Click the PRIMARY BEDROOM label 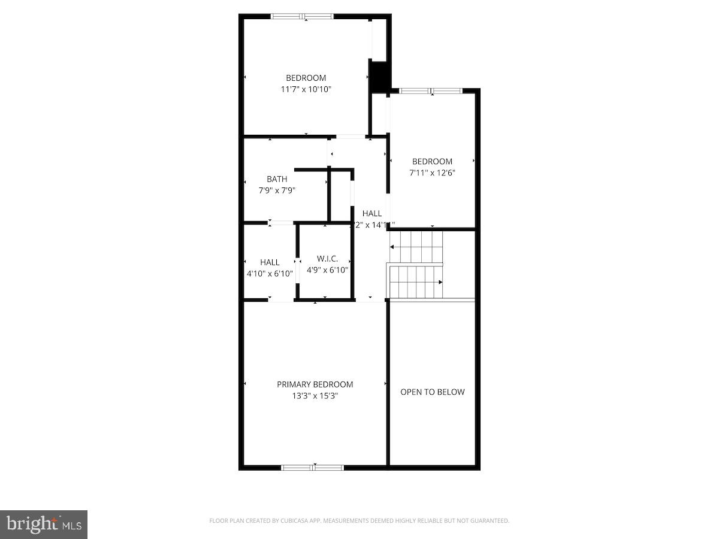315,384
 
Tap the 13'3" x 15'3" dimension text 315,396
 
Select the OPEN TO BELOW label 432,392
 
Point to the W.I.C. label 327,259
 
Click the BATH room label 277,179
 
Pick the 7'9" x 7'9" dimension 277,190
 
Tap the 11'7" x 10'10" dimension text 306,89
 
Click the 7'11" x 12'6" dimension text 432,173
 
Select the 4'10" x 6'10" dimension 270,274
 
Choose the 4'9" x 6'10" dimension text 327,270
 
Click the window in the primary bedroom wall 313,467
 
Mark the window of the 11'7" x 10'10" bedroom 303,17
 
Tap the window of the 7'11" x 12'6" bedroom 431,91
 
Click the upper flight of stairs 416,246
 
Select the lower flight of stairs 417,281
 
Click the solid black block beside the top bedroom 379,76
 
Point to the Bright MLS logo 44,525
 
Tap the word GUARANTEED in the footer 488,521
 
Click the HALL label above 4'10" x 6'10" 270,262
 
